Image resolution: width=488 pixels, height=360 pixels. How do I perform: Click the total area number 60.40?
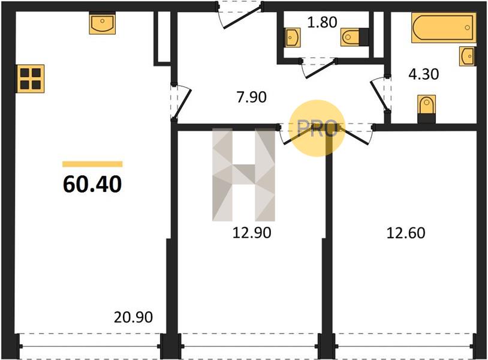pyautogui.click(x=92, y=184)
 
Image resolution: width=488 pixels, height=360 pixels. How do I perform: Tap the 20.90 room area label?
pyautogui.click(x=133, y=317)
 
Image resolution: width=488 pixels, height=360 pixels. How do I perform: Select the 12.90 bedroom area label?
pyautogui.click(x=252, y=233)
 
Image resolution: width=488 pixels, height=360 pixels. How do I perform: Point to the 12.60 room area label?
pyautogui.click(x=406, y=233)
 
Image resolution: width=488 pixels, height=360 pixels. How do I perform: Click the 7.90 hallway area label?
pyautogui.click(x=251, y=97)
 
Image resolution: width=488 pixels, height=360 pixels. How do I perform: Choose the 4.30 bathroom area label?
pyautogui.click(x=424, y=74)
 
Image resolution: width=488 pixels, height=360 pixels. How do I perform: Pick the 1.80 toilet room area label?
pyautogui.click(x=322, y=22)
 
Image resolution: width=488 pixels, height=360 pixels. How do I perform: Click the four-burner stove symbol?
pyautogui.click(x=30, y=79)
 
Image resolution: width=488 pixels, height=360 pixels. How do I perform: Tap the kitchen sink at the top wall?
pyautogui.click(x=103, y=23)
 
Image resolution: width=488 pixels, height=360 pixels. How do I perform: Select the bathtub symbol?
pyautogui.click(x=444, y=28)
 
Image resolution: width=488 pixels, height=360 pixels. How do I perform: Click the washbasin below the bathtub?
pyautogui.click(x=468, y=56)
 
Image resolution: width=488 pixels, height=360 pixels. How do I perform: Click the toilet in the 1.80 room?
pyautogui.click(x=354, y=37)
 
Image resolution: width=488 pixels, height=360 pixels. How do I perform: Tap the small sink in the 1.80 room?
pyautogui.click(x=293, y=38)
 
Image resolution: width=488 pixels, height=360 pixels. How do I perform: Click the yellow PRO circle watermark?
pyautogui.click(x=317, y=128)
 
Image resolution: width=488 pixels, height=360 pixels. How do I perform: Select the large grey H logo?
pyautogui.click(x=243, y=175)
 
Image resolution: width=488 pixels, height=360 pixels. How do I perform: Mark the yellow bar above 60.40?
pyautogui.click(x=92, y=164)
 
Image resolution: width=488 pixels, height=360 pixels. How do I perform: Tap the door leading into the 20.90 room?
pyautogui.click(x=180, y=101)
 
